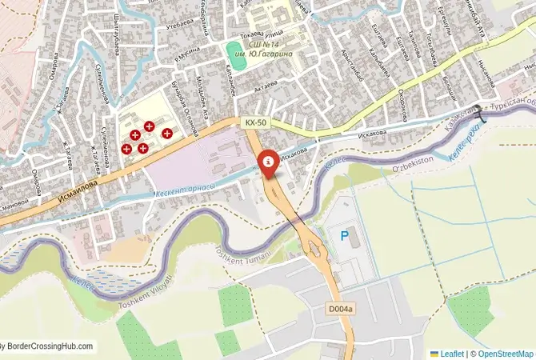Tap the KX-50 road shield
coord(256,122)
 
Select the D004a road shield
coord(340,309)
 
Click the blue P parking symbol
coord(345,236)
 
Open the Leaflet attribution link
coord(453,353)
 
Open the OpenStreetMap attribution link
coord(504,353)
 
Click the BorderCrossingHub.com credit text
coord(48,346)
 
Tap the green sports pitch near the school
coord(233,54)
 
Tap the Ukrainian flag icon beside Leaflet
coord(434,353)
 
